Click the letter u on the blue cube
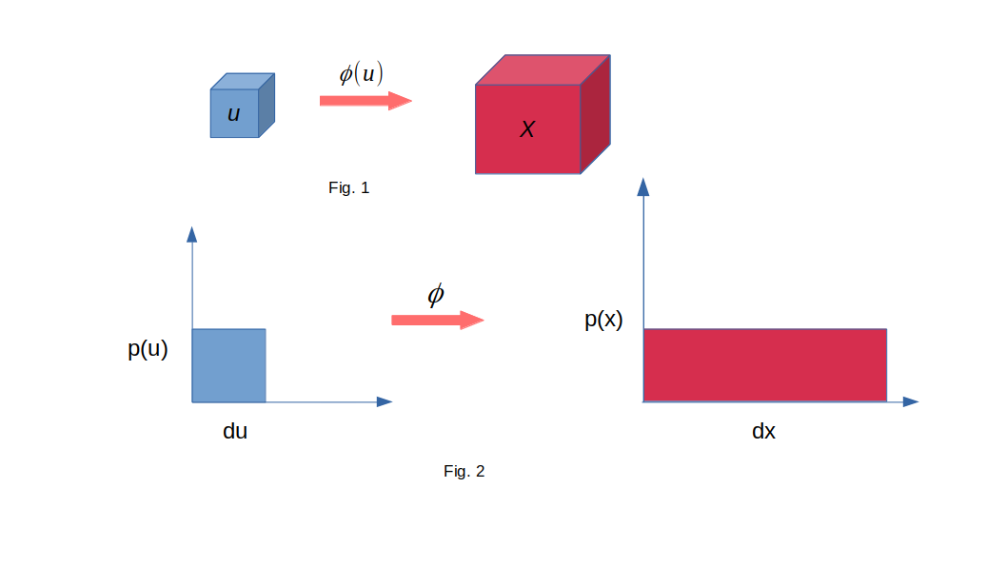pos(234,114)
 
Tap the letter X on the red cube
pos(527,129)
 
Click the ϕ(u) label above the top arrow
pos(361,73)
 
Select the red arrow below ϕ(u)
pos(365,101)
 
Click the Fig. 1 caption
pos(348,187)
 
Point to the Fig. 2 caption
pos(464,471)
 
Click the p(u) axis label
pos(148,349)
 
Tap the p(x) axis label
pos(603,320)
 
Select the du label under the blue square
pos(235,431)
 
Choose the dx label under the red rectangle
pos(763,431)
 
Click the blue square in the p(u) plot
pos(229,366)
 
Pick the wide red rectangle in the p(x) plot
pos(765,365)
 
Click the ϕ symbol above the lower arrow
pos(435,295)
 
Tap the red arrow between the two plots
pos(438,321)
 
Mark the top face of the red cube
pos(543,70)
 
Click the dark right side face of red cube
pos(595,114)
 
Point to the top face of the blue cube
pos(243,82)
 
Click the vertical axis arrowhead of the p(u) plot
pos(192,234)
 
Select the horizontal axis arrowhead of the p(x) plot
pos(911,401)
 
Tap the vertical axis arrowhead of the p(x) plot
pos(642,186)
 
